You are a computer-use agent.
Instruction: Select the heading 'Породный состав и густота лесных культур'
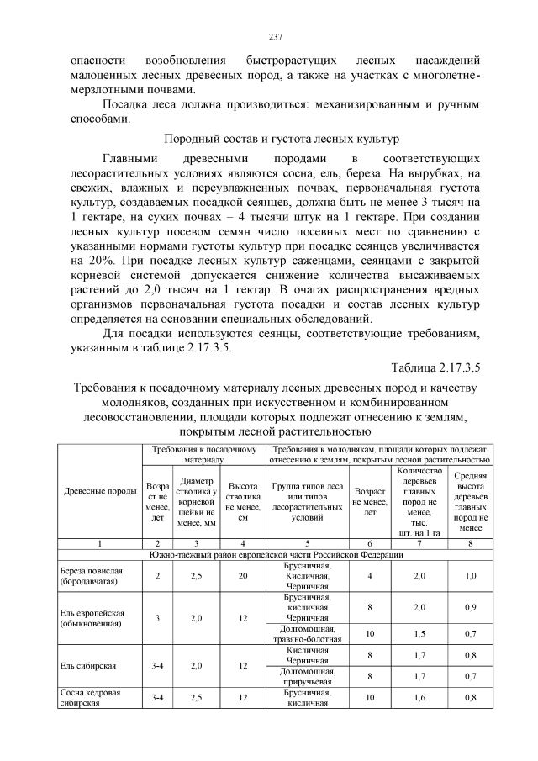tap(270, 138)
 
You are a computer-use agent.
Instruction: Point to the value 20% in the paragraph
tap(79, 261)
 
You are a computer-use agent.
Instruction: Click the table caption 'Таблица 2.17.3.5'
tap(435, 367)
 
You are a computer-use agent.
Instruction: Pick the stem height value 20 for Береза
tap(243, 575)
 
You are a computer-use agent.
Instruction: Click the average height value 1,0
tap(471, 575)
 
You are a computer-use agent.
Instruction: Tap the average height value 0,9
tap(471, 607)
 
